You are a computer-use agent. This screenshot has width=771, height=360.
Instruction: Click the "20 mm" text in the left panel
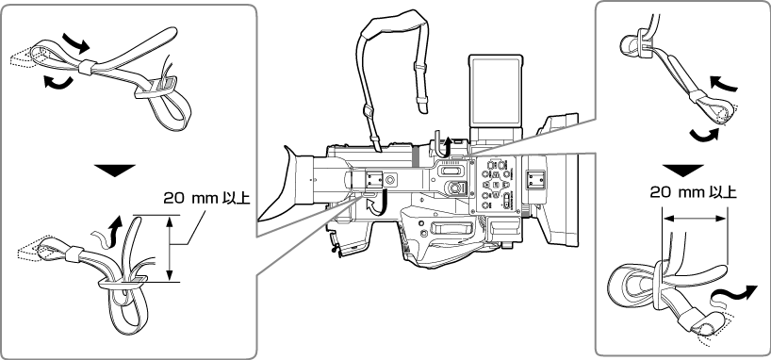(x=184, y=198)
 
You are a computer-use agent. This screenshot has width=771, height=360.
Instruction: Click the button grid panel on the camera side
(x=498, y=186)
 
